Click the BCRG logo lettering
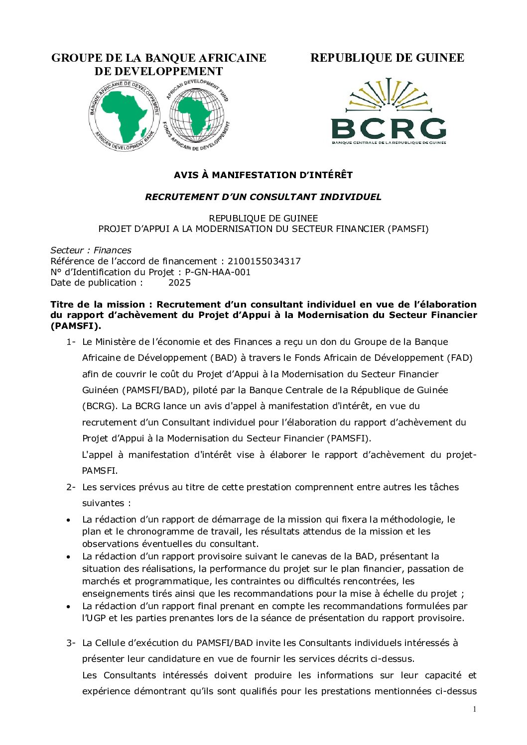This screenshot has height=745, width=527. coord(389,129)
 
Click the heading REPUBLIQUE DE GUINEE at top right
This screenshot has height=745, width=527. coord(387,58)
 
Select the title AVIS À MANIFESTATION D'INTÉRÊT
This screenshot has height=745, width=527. coord(263,175)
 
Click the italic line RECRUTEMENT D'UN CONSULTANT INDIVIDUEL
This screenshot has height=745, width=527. coord(263,197)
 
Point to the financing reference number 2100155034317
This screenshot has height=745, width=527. coord(264,261)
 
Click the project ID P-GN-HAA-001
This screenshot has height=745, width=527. coord(218,272)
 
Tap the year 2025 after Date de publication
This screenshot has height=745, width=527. coord(179,283)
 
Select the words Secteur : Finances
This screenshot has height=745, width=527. coord(91,250)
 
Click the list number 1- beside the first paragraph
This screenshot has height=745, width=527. coord(71,342)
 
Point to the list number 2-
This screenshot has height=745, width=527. coord(71,487)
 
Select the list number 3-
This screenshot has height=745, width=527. coord(71,643)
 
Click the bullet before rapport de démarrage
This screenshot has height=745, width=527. coord(68,520)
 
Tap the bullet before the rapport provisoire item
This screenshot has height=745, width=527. coord(68,557)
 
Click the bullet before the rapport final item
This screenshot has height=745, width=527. coord(68,607)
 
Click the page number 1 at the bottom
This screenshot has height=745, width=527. coord(475,709)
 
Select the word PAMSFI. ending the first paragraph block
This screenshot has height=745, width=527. coord(100,471)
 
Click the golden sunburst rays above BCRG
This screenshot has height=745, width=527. coord(389,95)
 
